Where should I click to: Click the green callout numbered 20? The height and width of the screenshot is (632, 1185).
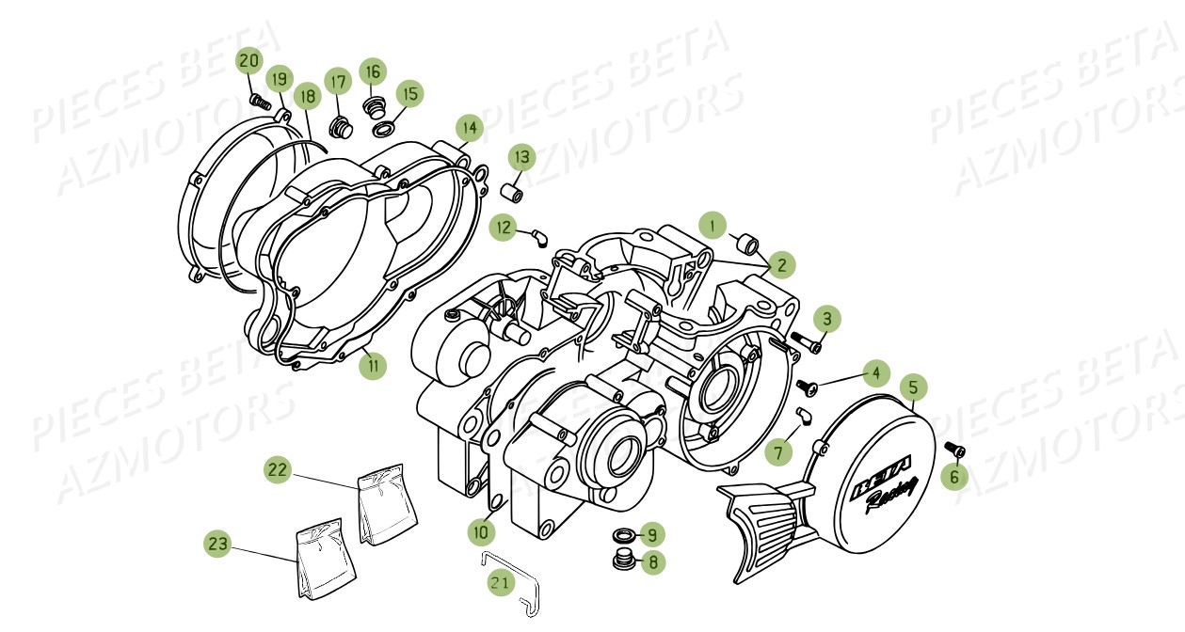click(x=248, y=62)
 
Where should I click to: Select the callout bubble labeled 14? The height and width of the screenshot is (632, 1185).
click(x=469, y=127)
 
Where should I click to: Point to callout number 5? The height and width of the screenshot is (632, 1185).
click(x=912, y=387)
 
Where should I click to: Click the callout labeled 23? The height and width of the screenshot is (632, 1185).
click(x=218, y=544)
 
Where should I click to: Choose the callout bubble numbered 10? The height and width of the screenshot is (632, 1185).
click(x=480, y=531)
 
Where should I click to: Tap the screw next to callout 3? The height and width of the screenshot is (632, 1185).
click(x=806, y=342)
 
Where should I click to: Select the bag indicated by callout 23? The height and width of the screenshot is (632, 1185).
click(x=326, y=563)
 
